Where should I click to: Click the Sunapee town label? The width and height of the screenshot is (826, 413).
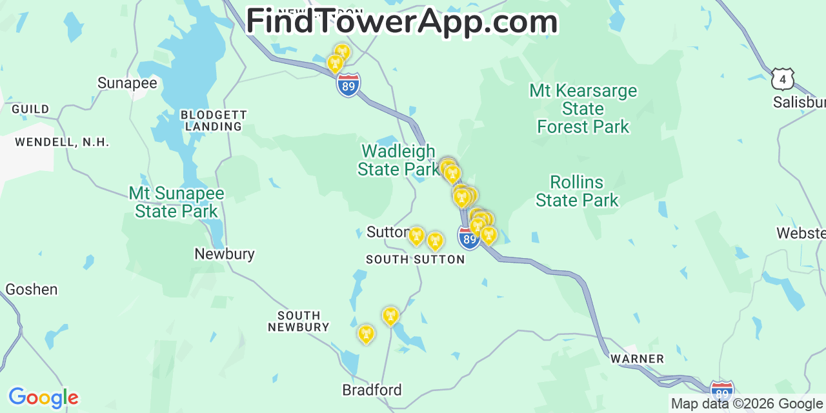(x=127, y=83)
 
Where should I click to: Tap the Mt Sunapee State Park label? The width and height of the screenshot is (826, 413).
(x=176, y=202)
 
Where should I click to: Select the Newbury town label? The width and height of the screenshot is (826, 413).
(x=225, y=254)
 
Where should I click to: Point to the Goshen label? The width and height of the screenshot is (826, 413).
(x=31, y=289)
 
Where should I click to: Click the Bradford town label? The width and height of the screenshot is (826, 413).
(x=372, y=390)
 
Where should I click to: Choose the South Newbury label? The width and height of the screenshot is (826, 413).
(x=299, y=321)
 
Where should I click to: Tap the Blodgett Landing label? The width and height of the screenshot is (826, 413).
(x=214, y=121)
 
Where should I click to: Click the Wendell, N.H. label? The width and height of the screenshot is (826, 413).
(x=62, y=142)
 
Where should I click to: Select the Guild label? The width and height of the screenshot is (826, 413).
(x=30, y=109)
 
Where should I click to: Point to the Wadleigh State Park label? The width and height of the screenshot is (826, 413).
(x=398, y=160)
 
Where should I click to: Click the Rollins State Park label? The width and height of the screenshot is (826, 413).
(x=577, y=191)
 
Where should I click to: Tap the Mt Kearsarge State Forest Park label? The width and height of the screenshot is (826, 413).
(x=583, y=108)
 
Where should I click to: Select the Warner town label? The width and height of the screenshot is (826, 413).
(x=637, y=359)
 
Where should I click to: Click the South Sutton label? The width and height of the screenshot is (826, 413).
(x=415, y=259)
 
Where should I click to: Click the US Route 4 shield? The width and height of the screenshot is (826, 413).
(x=782, y=79)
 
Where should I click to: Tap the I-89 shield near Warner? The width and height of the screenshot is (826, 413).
(x=721, y=392)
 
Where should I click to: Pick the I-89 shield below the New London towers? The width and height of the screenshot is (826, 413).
(x=348, y=85)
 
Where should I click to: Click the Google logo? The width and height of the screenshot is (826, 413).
(x=43, y=398)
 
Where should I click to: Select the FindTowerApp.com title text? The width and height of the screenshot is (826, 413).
(x=401, y=21)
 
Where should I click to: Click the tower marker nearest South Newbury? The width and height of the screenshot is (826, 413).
(x=366, y=334)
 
